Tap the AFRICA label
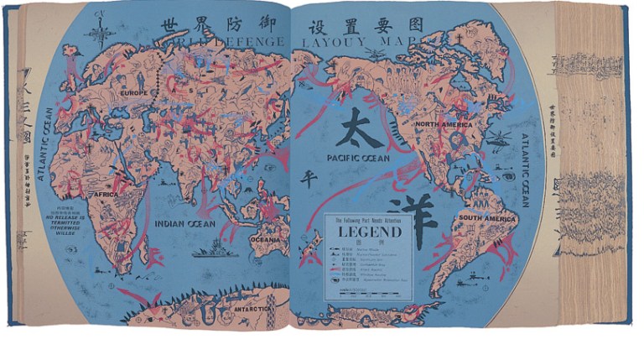[x=106, y=194]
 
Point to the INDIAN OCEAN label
[x=184, y=224]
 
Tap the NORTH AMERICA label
[x=444, y=124]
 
